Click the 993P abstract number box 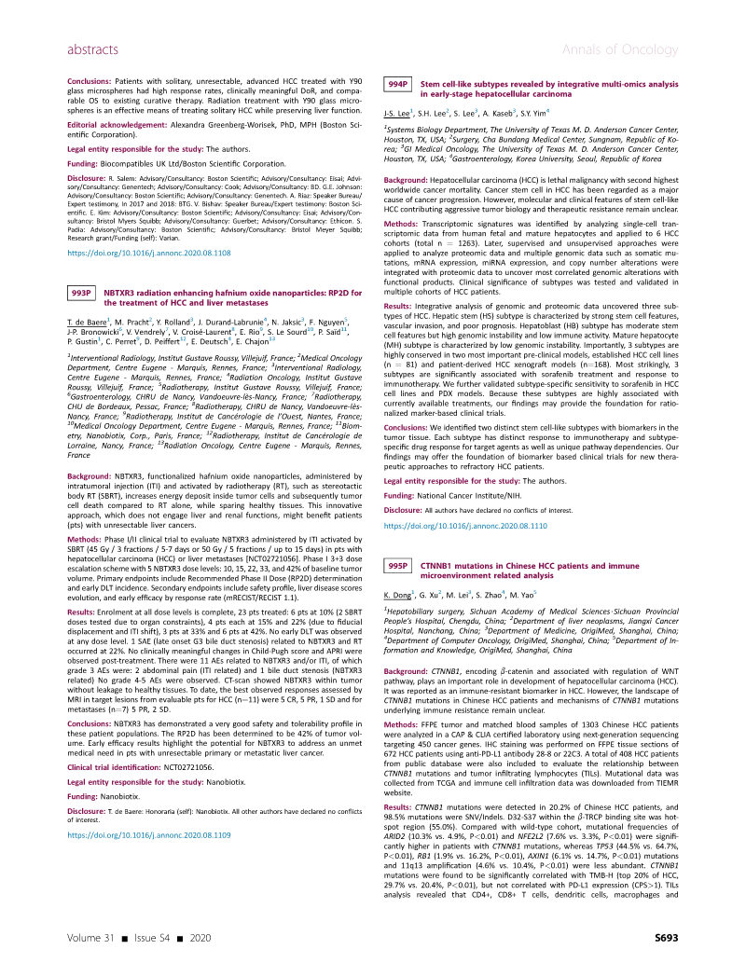pyautogui.click(x=82, y=294)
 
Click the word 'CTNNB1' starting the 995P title pyautogui.click(x=443, y=488)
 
